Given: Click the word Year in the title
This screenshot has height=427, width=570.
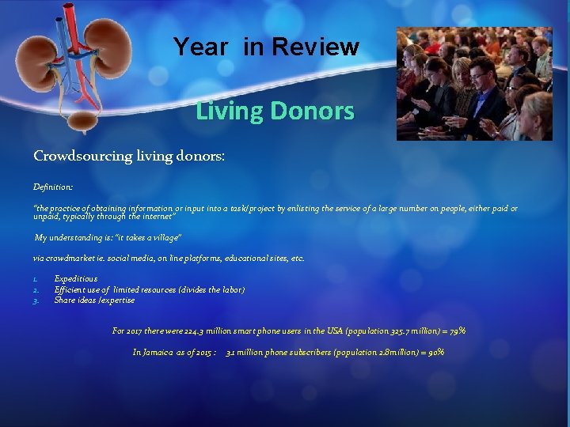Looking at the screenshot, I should (200, 47).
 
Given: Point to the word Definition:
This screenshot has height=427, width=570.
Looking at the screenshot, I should (53, 187).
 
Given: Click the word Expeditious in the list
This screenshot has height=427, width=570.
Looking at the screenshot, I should (76, 278).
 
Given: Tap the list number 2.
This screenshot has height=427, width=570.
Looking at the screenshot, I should (36, 289).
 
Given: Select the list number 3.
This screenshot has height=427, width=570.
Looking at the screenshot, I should (36, 300).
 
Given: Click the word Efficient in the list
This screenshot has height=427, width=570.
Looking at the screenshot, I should (71, 289).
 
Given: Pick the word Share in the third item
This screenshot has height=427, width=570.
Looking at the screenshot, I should (65, 300).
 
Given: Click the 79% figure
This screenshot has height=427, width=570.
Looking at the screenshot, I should (457, 331).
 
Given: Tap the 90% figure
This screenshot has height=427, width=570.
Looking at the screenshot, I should (435, 352).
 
